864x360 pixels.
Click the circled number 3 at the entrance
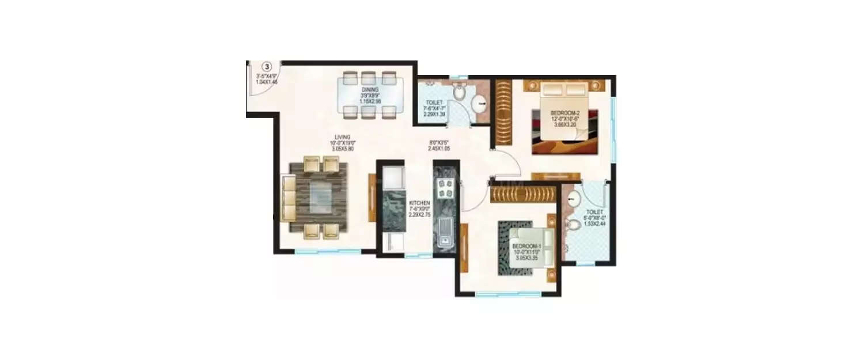pos(267,67)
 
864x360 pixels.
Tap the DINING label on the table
pos(370,90)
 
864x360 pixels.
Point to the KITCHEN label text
pos(419,203)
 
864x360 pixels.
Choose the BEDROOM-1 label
pos(526,247)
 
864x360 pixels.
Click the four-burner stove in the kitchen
pos(446,188)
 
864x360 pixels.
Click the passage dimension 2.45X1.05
pos(438,148)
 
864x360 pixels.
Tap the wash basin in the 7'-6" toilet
pos(479,104)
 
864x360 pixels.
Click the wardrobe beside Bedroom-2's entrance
pos(503,112)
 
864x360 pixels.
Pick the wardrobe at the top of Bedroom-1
pos(522,193)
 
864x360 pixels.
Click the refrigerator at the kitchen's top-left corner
pos(392,175)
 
